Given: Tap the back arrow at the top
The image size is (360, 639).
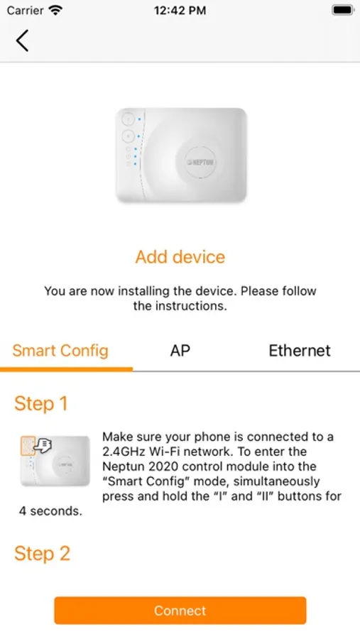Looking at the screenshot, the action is [22, 40].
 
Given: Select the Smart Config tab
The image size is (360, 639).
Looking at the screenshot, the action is [60, 351].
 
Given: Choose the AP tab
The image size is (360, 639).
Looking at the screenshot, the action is [180, 351].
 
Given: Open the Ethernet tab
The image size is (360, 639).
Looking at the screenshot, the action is [300, 351].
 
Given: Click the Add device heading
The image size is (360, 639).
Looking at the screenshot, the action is [180, 257].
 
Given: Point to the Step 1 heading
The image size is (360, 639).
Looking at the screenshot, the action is [40, 404].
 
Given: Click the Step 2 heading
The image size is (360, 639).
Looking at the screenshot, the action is [42, 553].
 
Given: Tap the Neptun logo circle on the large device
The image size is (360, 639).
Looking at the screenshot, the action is [200, 162].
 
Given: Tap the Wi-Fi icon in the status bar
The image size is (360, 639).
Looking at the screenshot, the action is [55, 10].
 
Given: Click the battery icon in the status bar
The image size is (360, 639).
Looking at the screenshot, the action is [343, 10].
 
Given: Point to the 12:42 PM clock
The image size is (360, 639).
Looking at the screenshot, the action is [180, 11].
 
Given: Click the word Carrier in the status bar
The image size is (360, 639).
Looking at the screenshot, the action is [26, 11].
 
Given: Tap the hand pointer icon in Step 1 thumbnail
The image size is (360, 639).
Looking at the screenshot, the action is [43, 445].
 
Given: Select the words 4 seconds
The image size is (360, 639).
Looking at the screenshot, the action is [50, 511].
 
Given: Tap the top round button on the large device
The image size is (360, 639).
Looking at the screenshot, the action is [128, 119].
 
